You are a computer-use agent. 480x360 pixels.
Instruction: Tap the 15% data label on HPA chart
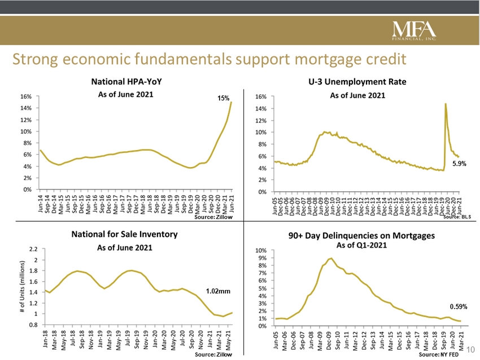click(224, 98)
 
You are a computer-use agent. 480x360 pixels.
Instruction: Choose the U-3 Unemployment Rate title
click(357, 82)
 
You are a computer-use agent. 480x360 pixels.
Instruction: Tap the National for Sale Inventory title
click(124, 234)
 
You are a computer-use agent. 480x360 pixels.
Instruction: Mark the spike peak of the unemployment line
click(446, 103)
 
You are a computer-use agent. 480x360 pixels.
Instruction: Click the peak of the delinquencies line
click(331, 258)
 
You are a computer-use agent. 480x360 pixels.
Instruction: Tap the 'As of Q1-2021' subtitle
click(359, 245)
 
